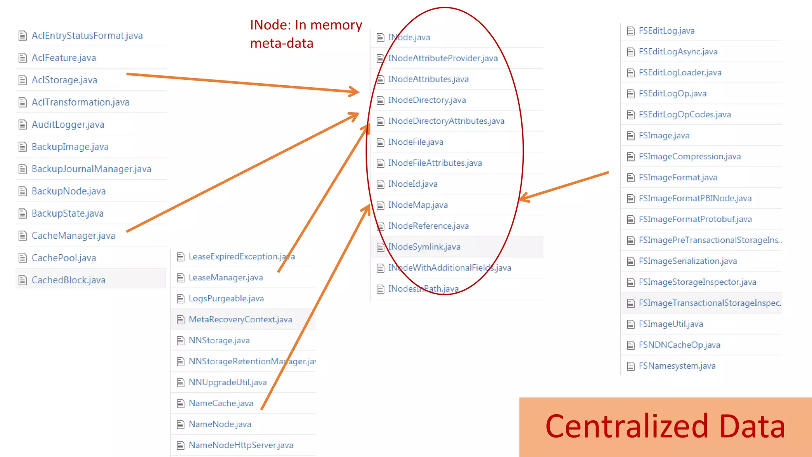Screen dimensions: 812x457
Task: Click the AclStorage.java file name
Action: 64,80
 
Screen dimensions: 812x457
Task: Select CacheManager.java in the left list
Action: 73,236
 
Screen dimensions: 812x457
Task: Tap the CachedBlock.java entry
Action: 68,280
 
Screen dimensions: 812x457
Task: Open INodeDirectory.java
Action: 427,100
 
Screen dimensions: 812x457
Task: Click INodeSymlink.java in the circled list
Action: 424,247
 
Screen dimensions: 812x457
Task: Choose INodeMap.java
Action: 417,205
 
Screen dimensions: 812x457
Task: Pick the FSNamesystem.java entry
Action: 677,366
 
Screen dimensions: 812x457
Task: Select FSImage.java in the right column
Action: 664,136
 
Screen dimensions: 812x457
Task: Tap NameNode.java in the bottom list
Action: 220,424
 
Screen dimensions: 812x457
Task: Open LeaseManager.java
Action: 226,277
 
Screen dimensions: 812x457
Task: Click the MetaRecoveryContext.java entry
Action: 240,319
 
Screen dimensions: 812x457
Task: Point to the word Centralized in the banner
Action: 626,426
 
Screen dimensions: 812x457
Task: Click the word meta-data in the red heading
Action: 282,43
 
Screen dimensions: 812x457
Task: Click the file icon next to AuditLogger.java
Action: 23,125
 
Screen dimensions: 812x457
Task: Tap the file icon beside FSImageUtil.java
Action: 630,324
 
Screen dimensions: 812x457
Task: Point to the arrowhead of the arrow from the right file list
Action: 523,197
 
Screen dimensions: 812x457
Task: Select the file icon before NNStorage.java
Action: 180,340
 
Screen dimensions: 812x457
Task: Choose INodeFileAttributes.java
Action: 435,163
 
